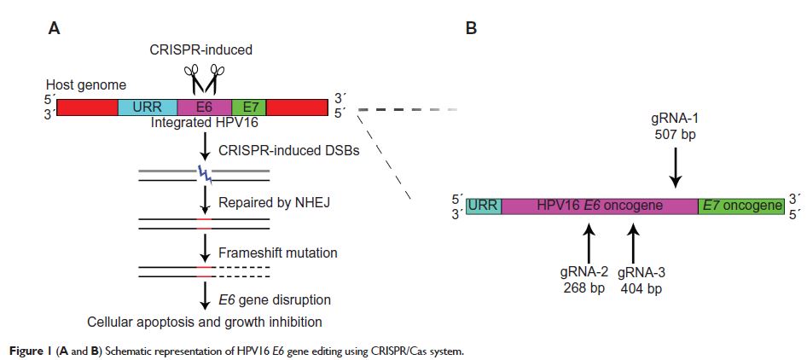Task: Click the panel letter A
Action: [54, 28]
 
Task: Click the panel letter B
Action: [470, 28]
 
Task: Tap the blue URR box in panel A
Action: [147, 107]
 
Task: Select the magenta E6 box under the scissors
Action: [204, 107]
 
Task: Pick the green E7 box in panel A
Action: [250, 107]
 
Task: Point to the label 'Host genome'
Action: [86, 85]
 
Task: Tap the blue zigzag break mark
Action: [205, 175]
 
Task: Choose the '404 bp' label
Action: [632, 288]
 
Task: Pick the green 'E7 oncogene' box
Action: [740, 206]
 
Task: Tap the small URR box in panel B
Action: [484, 206]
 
